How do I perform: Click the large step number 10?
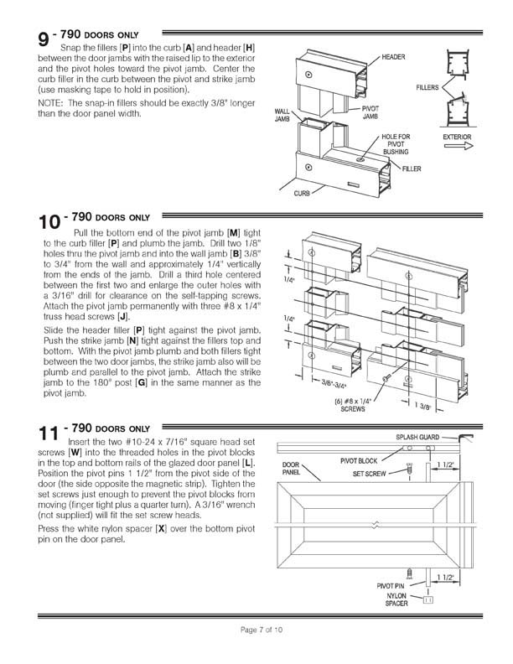(x=49, y=222)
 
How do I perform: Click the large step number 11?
(x=49, y=433)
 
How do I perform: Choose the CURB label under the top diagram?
(x=303, y=192)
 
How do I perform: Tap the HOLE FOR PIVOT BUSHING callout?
(x=397, y=143)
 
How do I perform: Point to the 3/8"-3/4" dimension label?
(x=327, y=388)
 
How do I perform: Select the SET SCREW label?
(x=370, y=473)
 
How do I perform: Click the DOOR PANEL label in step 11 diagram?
(x=291, y=469)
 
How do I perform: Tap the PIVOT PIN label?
(x=396, y=586)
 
